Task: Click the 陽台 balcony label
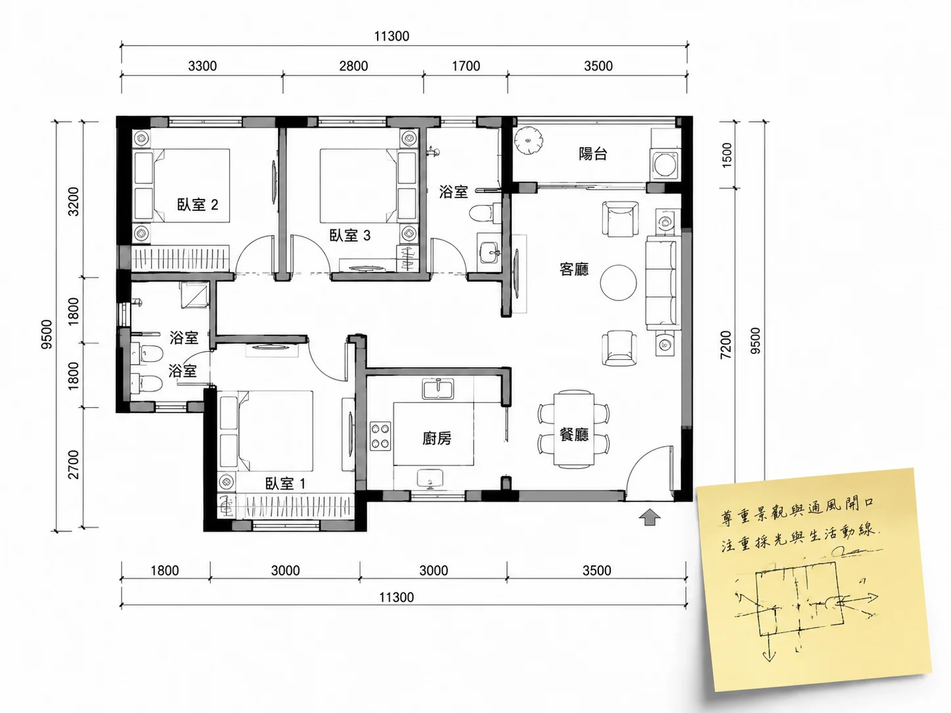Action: [592, 154]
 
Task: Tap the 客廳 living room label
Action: [574, 269]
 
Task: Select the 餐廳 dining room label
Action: [574, 434]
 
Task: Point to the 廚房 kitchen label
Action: [437, 439]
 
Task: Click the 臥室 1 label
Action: [285, 484]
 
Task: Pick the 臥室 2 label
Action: [198, 204]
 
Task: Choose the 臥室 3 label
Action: [350, 236]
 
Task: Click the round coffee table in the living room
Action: [618, 283]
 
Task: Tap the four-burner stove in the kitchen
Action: [380, 437]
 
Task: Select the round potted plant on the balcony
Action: [528, 139]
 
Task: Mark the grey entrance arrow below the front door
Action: [650, 517]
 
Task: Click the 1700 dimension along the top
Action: [466, 66]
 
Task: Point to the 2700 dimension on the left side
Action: [74, 465]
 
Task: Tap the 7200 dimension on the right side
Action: [726, 345]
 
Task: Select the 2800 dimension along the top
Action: [353, 66]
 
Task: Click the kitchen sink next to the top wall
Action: [438, 388]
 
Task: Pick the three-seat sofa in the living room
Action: [661, 283]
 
